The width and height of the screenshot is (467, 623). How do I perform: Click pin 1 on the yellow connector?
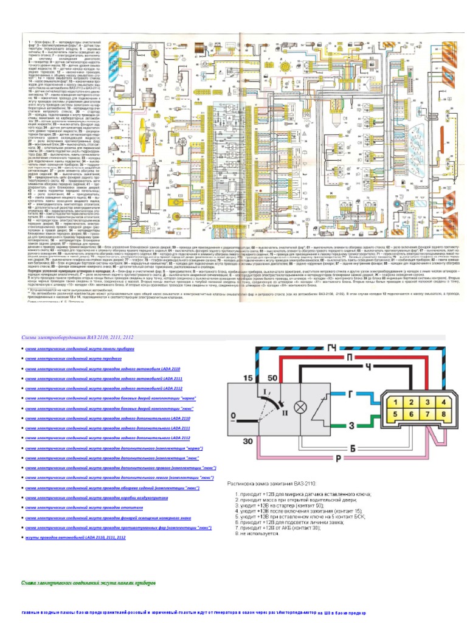[396, 403]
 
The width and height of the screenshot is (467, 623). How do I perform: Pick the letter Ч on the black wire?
[367, 369]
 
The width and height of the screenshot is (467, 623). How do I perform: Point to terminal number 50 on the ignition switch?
[273, 378]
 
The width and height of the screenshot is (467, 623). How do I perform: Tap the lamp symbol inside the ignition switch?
[299, 406]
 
